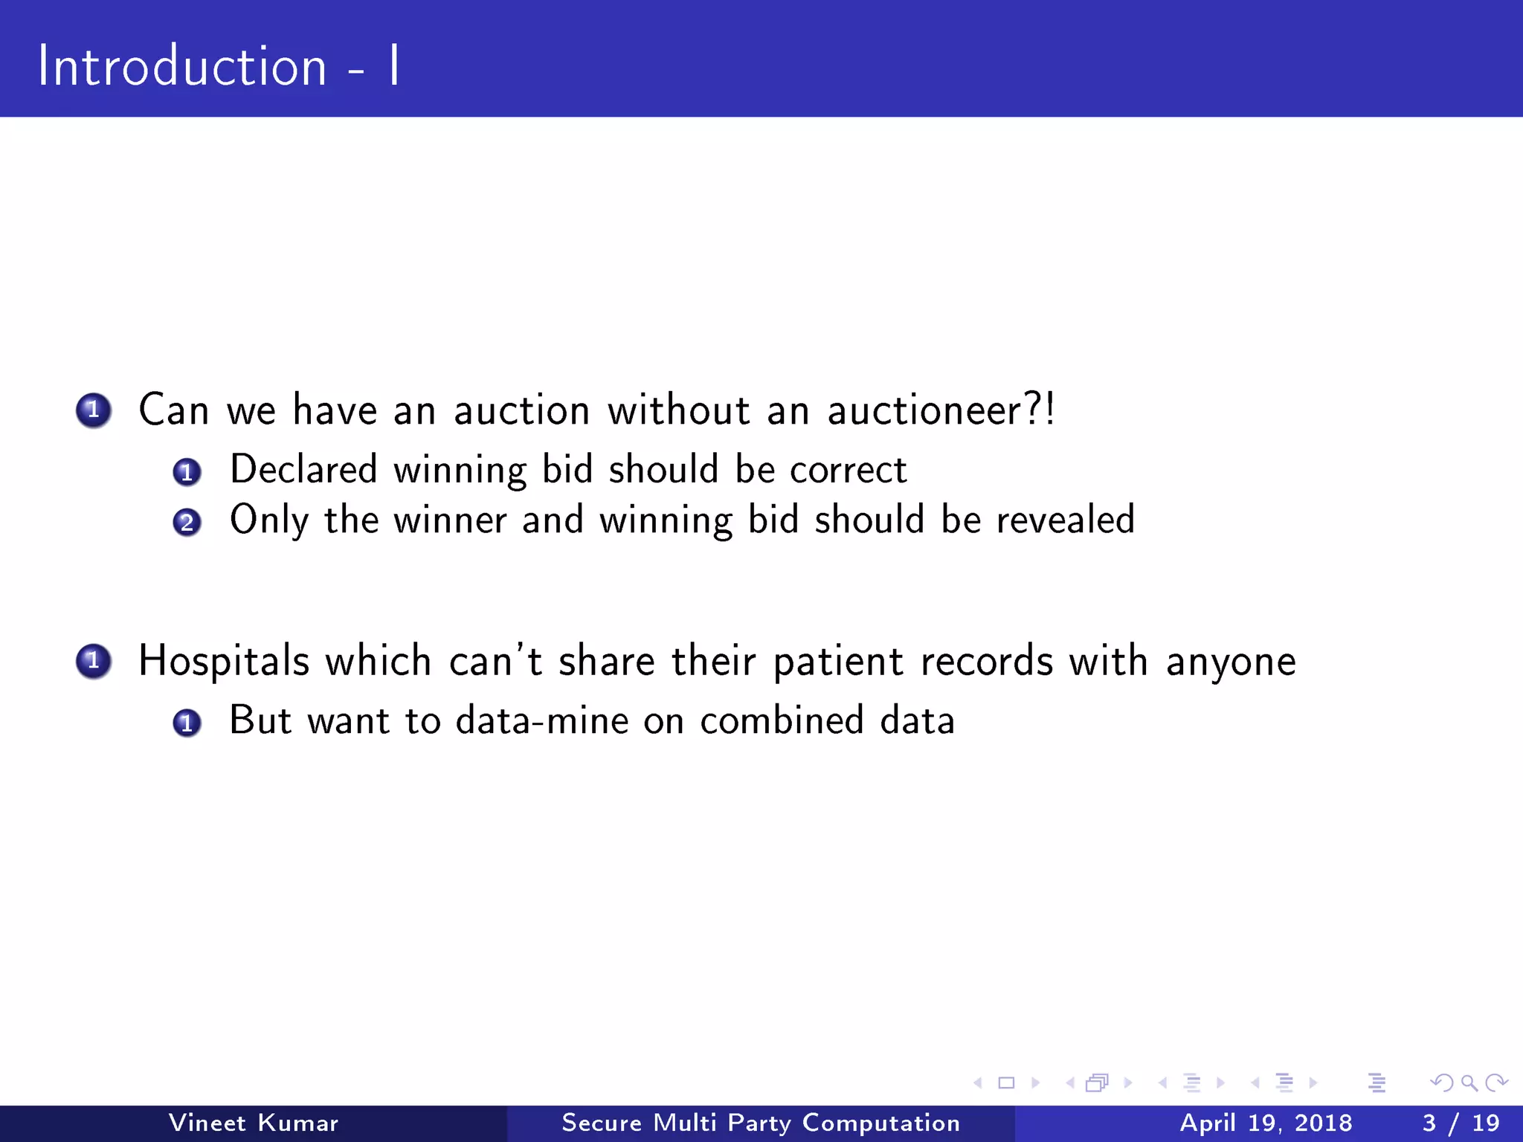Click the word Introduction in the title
pyautogui.click(x=182, y=67)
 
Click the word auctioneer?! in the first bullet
pyautogui.click(x=941, y=410)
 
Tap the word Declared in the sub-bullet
pyautogui.click(x=303, y=470)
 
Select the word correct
pyautogui.click(x=848, y=470)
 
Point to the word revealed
pyautogui.click(x=1065, y=520)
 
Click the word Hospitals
pyautogui.click(x=222, y=661)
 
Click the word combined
pyautogui.click(x=782, y=720)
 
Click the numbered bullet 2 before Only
pyautogui.click(x=187, y=523)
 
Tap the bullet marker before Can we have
pyautogui.click(x=94, y=410)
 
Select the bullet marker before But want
pyautogui.click(x=187, y=723)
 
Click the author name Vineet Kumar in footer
pyautogui.click(x=253, y=1123)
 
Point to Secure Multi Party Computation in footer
pyautogui.click(x=761, y=1123)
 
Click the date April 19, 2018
pyautogui.click(x=1266, y=1123)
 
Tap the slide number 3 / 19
pyautogui.click(x=1461, y=1123)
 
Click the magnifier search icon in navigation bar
pyautogui.click(x=1469, y=1083)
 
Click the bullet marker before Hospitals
pyautogui.click(x=94, y=661)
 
